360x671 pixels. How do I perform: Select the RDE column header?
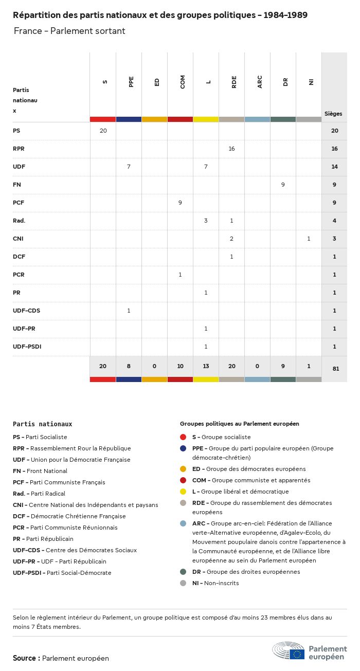pos(234,82)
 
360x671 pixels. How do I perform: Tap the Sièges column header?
pos(333,114)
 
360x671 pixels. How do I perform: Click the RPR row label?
pos(19,149)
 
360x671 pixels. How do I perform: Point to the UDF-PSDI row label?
pos(27,347)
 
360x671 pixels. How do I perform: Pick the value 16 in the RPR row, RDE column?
pos(231,149)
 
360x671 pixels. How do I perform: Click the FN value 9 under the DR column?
pos(283,185)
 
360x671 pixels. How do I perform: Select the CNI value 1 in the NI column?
pos(309,239)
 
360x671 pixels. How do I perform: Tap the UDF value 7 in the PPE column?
pos(129,167)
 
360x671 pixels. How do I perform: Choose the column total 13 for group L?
pos(206,366)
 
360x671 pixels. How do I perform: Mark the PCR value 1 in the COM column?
pos(180,275)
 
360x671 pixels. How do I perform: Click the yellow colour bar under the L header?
pos(206,119)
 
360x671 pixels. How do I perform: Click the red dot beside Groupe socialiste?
pos(183,437)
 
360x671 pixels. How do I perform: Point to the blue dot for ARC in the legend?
pos(183,523)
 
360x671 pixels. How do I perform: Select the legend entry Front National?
pos(40,471)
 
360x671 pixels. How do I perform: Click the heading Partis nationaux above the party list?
pos(42,424)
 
